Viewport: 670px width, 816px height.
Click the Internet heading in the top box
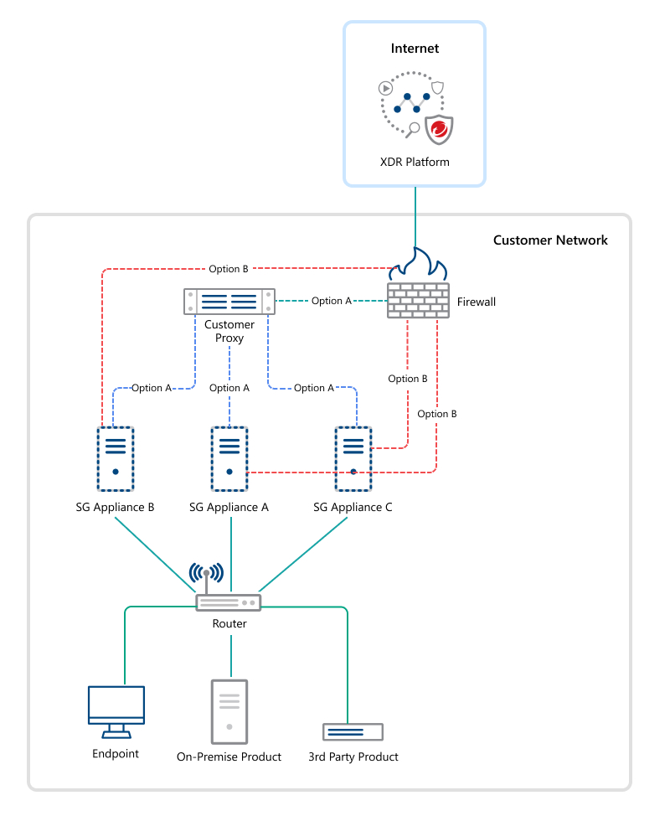point(415,49)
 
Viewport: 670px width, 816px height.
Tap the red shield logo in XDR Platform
point(438,130)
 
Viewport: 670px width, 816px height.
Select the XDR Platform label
point(415,162)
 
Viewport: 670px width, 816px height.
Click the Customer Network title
point(550,240)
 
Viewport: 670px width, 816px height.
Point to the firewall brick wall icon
point(418,300)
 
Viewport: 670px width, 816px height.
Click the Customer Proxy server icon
point(229,301)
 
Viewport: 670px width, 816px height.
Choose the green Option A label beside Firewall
point(332,301)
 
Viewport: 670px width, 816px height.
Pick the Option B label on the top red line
point(229,269)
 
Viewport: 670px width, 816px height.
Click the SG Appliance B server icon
point(115,458)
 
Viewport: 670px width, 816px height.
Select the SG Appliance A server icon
point(229,458)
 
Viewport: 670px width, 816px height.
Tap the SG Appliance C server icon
point(353,458)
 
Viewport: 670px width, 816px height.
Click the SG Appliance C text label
point(353,508)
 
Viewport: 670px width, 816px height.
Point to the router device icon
point(229,602)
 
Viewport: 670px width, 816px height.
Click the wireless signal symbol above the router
point(206,574)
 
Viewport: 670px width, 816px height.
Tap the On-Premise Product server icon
point(229,711)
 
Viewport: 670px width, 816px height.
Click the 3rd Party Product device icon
point(353,731)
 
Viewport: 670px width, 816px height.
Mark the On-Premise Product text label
point(229,757)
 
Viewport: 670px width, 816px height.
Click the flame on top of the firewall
point(418,264)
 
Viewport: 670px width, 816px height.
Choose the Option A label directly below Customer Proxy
point(229,388)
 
